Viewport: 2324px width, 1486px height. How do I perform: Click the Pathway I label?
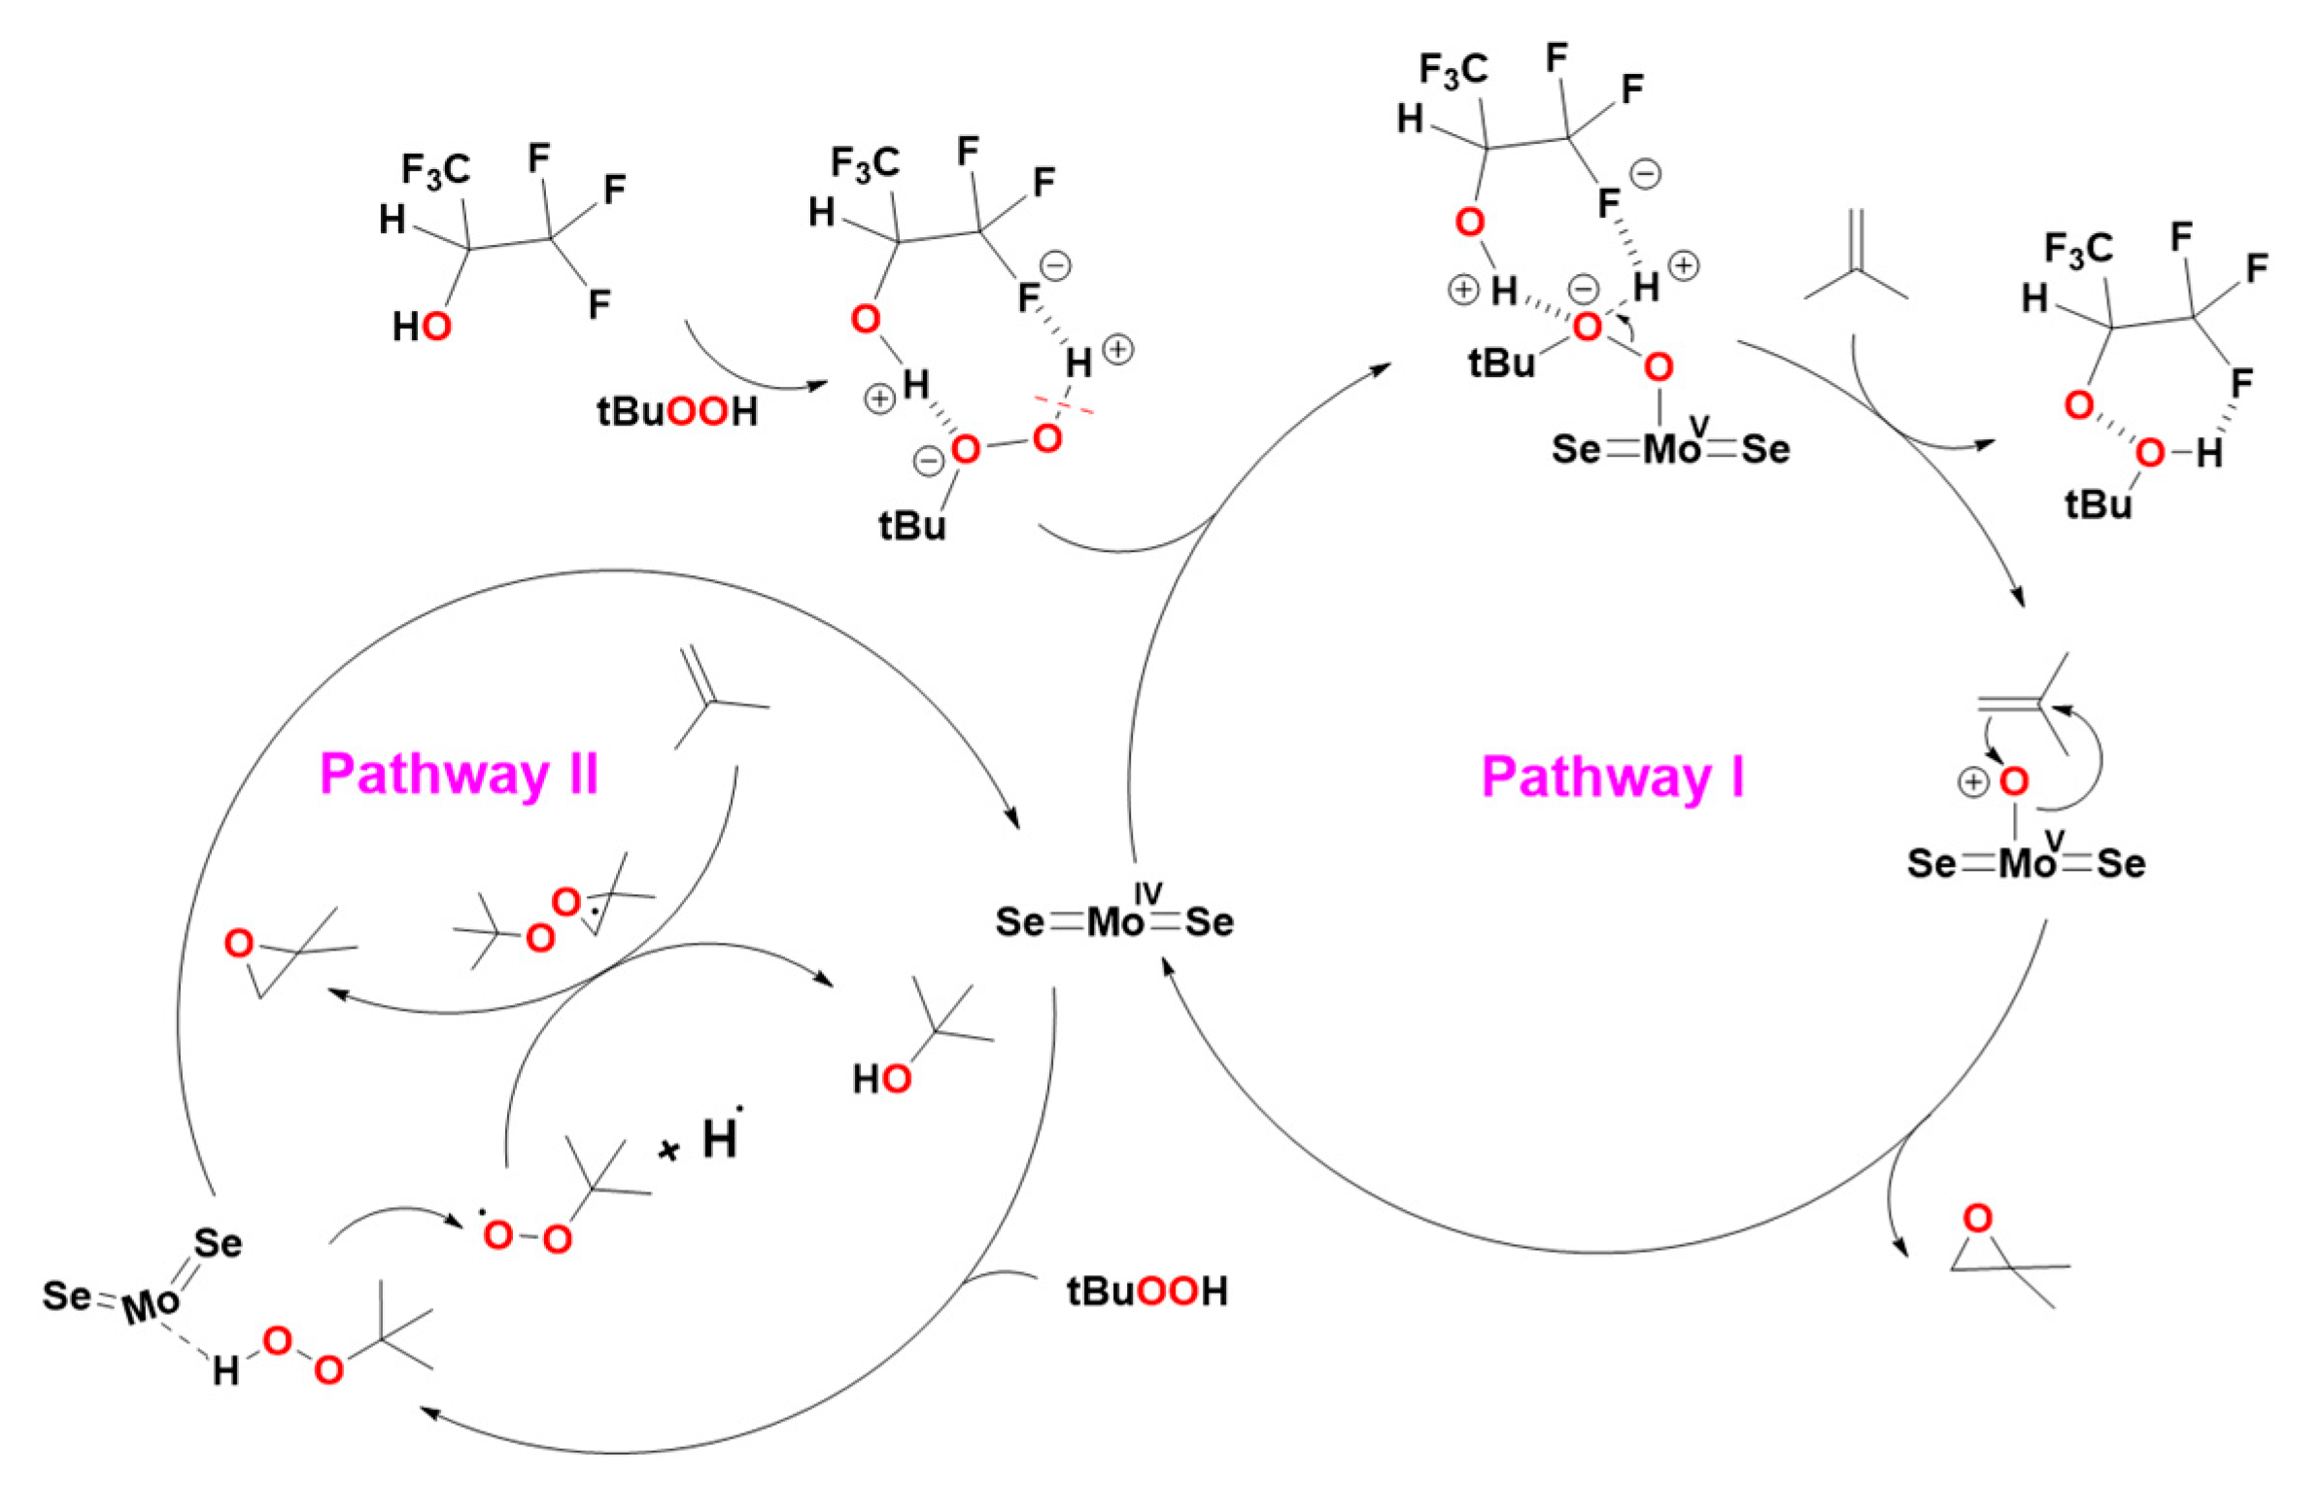click(1612, 778)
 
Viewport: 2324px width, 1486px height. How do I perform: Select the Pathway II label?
click(459, 776)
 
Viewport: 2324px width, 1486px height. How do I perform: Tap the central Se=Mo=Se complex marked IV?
click(1113, 920)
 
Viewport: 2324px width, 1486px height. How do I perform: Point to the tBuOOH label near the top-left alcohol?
click(676, 411)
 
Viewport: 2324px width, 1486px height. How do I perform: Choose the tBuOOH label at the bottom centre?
click(1146, 1292)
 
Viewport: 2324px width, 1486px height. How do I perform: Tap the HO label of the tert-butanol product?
click(881, 1079)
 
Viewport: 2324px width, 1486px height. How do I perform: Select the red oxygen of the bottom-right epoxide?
click(1977, 1218)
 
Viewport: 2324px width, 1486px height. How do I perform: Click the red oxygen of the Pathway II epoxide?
click(239, 944)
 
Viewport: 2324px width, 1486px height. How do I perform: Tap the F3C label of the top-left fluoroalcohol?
click(435, 171)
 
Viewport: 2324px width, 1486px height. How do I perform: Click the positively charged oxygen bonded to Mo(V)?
click(2014, 780)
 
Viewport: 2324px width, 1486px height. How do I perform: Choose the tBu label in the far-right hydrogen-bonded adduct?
click(2098, 504)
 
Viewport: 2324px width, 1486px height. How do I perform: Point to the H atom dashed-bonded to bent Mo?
click(225, 1370)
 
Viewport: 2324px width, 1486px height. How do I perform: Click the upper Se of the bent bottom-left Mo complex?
click(218, 1243)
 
